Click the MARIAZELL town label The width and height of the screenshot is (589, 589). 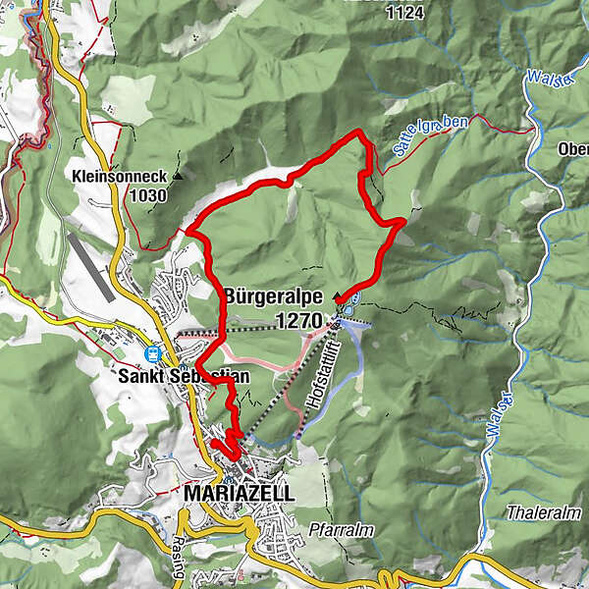coord(239,494)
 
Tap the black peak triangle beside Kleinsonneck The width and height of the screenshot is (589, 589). coord(178,178)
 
